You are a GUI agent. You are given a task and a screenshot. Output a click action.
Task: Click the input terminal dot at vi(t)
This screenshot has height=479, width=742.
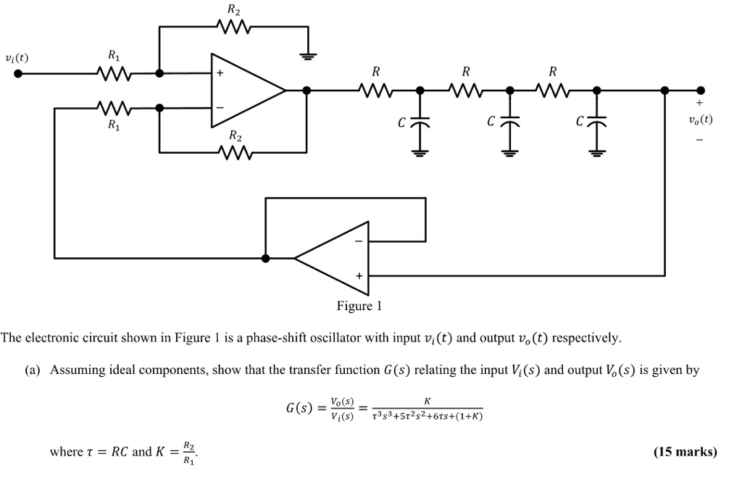pyautogui.click(x=18, y=73)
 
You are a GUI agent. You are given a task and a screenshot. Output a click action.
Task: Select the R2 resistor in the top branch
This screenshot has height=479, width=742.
pyautogui.click(x=233, y=28)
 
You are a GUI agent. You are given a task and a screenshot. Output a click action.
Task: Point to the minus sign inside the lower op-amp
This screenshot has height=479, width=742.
pyautogui.click(x=357, y=241)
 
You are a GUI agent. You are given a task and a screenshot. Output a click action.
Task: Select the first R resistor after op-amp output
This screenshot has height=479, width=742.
pyautogui.click(x=375, y=91)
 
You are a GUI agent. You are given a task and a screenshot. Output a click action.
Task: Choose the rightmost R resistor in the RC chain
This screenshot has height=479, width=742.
pyautogui.click(x=553, y=91)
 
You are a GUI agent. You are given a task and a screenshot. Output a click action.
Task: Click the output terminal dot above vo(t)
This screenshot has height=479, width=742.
pyautogui.click(x=700, y=91)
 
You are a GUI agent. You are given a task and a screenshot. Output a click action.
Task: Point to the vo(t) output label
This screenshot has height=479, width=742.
pyautogui.click(x=700, y=120)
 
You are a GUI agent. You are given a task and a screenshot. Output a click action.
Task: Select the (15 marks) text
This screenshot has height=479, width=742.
pyautogui.click(x=685, y=452)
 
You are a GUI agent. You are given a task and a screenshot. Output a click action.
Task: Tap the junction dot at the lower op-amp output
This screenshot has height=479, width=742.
pyautogui.click(x=266, y=257)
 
